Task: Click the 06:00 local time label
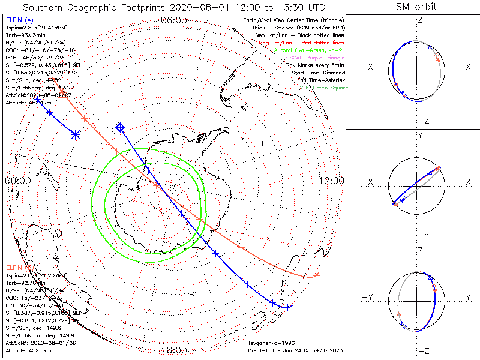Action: pyautogui.click(x=174, y=20)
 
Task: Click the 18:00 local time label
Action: pyautogui.click(x=174, y=350)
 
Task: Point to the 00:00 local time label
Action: pyautogui.click(x=17, y=181)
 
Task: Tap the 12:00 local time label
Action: pyautogui.click(x=331, y=181)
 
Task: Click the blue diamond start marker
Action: pyautogui.click(x=120, y=127)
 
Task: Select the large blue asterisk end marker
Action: pyautogui.click(x=76, y=134)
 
